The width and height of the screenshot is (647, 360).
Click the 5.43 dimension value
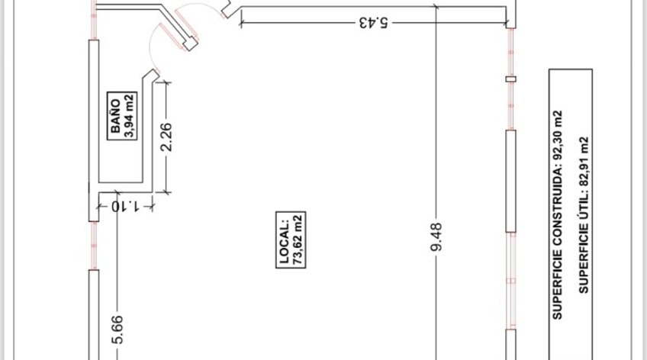(373, 22)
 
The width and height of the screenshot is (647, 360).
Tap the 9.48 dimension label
(436, 236)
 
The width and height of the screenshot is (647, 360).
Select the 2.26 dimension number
(166, 137)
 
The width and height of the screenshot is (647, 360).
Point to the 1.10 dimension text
(125, 206)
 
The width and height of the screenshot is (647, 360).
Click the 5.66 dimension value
(117, 329)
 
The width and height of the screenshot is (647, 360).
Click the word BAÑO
(115, 116)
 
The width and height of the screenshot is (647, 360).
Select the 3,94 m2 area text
(129, 116)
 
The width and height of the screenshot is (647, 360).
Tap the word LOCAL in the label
(285, 240)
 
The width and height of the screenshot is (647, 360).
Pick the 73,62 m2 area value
(298, 240)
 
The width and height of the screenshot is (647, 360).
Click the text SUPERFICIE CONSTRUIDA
(557, 241)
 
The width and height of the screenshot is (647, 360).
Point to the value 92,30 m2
(557, 135)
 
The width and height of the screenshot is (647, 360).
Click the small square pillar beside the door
(190, 43)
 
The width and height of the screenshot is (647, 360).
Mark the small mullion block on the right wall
(511, 79)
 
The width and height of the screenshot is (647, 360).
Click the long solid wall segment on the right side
(511, 181)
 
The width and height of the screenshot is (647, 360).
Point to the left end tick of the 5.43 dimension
(241, 23)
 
